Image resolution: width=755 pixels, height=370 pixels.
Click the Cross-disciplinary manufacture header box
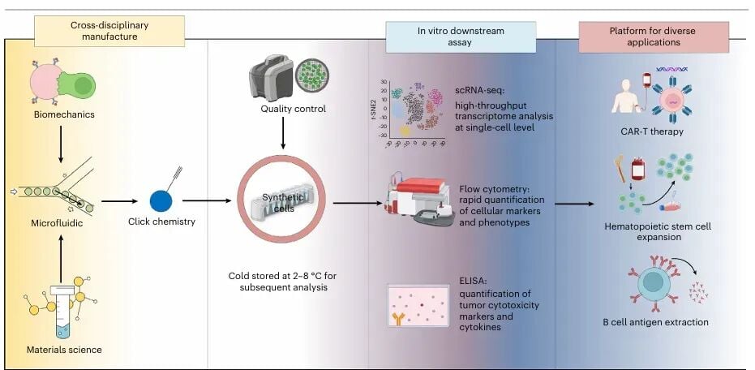(109, 30)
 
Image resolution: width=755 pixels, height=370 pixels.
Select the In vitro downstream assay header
(461, 37)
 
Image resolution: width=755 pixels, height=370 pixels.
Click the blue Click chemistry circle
(161, 201)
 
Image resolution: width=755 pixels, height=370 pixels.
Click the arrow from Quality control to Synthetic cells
(282, 134)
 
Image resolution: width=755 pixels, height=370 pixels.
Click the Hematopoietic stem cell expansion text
(658, 232)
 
